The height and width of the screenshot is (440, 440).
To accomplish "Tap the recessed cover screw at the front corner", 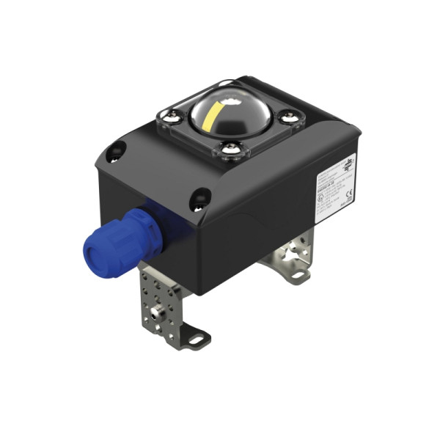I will click(199, 197).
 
